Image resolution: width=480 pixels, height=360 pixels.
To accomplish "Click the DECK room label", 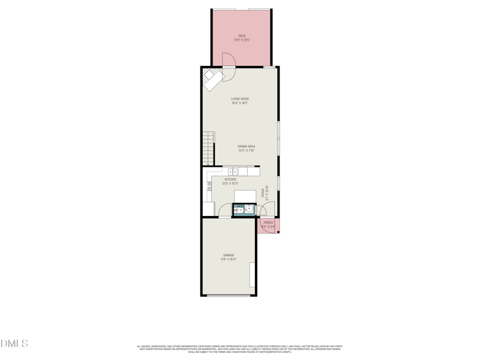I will (242, 36).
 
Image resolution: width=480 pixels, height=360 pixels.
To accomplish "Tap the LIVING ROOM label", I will (240, 99).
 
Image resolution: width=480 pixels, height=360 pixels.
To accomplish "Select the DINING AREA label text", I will (247, 146).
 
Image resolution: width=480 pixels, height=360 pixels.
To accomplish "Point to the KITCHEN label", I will (230, 179).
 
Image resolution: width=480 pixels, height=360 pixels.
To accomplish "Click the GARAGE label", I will (229, 256).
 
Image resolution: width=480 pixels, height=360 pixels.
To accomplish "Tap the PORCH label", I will (268, 223).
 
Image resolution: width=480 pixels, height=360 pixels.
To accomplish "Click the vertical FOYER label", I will (263, 193).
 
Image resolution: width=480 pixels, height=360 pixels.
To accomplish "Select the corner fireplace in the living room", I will (211, 78).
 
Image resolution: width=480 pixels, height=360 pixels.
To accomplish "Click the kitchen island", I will (245, 196).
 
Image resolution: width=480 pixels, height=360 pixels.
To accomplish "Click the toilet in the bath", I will (238, 209).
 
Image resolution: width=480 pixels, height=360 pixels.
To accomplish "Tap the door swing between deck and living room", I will (229, 61).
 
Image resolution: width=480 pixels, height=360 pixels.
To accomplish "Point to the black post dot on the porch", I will (278, 232).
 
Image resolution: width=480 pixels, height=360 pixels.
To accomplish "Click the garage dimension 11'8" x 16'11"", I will (229, 260).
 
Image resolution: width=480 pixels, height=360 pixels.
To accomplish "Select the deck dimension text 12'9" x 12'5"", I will (242, 40).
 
